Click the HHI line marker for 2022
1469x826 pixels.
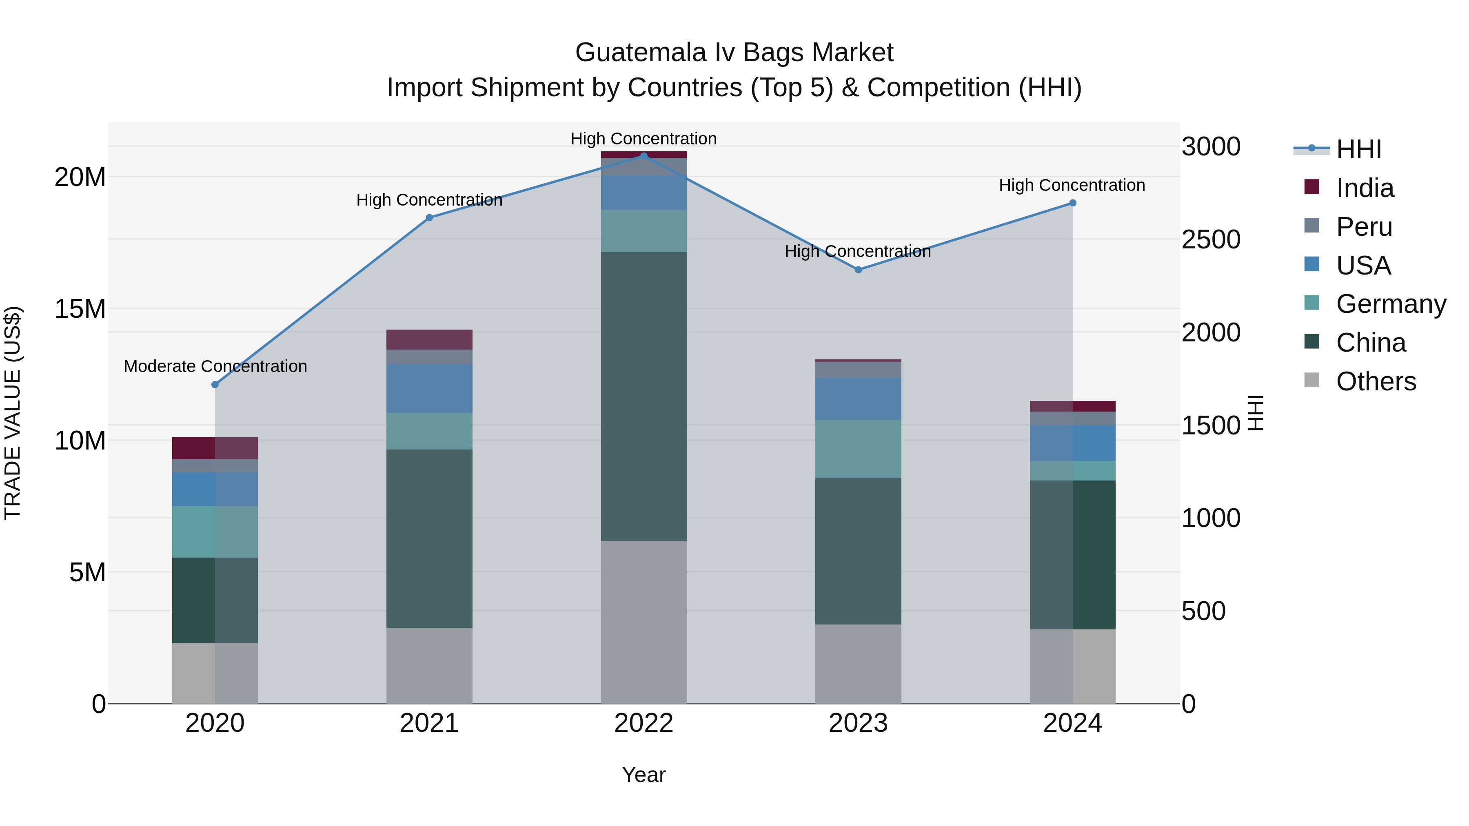pos(644,156)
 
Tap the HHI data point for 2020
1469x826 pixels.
pos(215,385)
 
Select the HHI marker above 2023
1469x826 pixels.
pos(858,270)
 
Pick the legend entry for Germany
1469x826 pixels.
pos(1390,304)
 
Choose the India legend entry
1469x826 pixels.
pos(1365,188)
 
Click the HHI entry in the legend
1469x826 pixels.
pos(1358,149)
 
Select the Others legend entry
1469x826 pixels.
pos(1376,381)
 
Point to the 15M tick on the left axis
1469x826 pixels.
pos(80,309)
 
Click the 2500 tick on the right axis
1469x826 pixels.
pos(1211,239)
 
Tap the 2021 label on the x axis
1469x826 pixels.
pos(429,723)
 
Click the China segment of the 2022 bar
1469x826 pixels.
pos(644,396)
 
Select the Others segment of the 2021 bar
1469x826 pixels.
pos(429,665)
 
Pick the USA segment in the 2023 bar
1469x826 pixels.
pos(858,399)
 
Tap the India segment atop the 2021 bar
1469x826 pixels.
pos(429,339)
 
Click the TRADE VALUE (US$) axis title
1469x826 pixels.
pos(13,413)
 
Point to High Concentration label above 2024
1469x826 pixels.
pos(1072,185)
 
